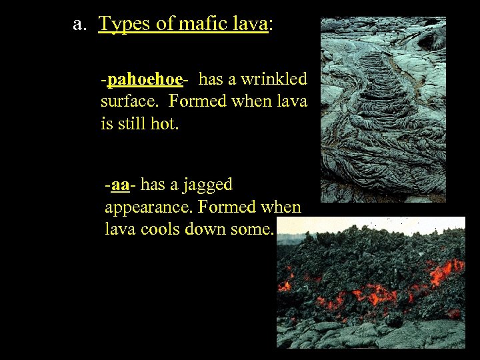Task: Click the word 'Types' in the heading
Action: pos(123,25)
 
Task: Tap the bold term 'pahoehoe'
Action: pos(145,79)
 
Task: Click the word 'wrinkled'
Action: pos(273,79)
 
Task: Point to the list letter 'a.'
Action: pos(80,25)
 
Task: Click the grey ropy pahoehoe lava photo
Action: pos(383,110)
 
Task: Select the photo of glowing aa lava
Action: pos(371,283)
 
